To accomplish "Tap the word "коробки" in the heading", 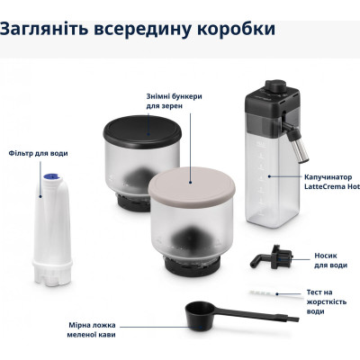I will [229, 29].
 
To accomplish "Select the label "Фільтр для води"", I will [38, 153].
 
